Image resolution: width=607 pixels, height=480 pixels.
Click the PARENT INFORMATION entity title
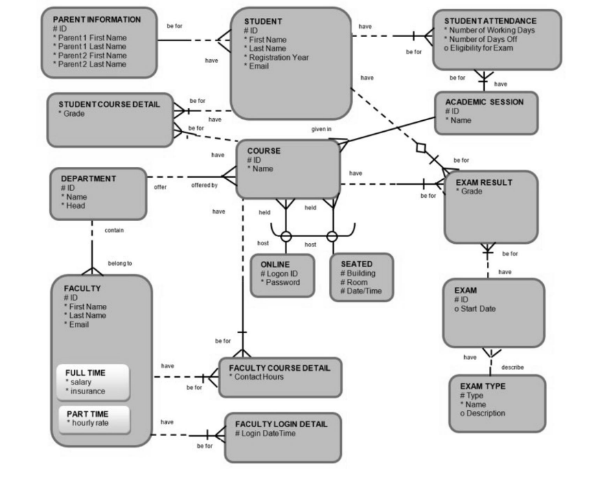[97, 19]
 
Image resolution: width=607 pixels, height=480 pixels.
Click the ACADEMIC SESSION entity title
[484, 102]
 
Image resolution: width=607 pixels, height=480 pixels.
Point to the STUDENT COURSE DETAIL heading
[109, 104]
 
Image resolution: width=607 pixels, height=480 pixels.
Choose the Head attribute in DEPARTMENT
[76, 205]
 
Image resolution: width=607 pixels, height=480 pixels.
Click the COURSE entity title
[264, 150]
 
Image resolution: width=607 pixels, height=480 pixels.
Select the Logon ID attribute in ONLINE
[282, 273]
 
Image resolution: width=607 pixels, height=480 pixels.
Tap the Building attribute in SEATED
[359, 273]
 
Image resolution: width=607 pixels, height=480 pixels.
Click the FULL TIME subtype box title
[85, 372]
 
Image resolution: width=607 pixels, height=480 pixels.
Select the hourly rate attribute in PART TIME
[89, 423]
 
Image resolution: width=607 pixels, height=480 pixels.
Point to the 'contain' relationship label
[114, 231]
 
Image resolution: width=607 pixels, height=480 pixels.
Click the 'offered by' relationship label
[204, 185]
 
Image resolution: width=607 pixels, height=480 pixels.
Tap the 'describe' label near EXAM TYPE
[513, 367]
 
